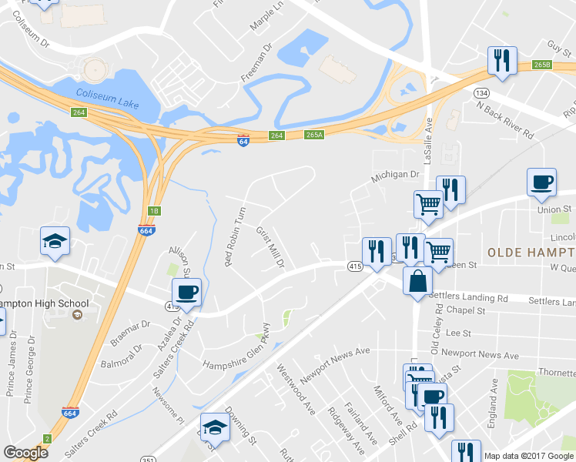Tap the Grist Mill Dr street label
pos(270,247)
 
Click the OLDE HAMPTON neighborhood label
pos(531,253)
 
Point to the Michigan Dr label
pos(393,176)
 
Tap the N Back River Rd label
pos(504,119)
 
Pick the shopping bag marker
pos(417,280)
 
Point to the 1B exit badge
pos(153,210)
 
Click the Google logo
pos(25,453)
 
